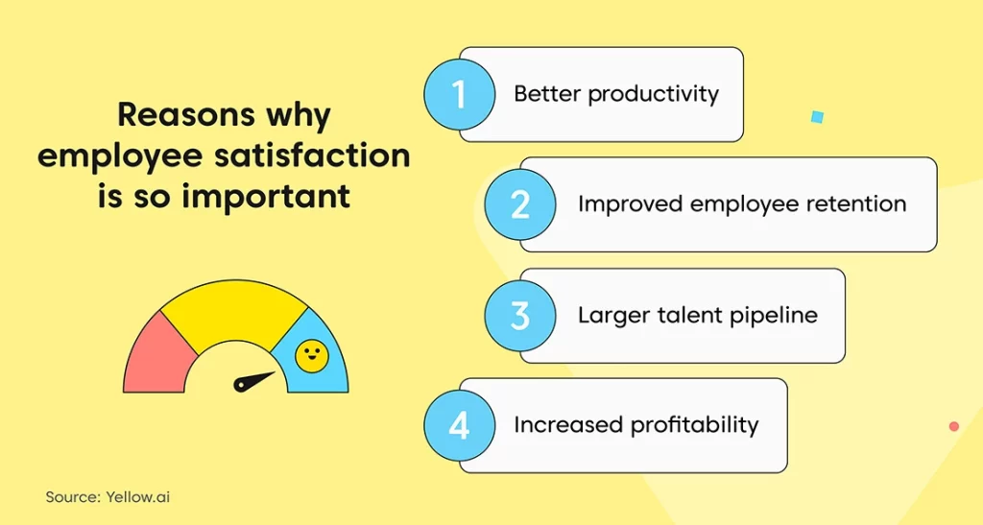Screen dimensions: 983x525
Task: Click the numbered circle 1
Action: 460,95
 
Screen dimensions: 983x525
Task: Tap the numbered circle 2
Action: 520,204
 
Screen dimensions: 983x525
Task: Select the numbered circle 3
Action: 520,315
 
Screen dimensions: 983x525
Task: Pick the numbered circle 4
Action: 460,426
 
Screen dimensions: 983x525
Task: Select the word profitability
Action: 695,425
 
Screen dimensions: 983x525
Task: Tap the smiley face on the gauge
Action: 312,356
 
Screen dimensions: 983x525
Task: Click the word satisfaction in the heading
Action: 312,155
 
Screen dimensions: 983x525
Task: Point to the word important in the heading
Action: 266,196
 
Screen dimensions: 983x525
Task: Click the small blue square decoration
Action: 817,116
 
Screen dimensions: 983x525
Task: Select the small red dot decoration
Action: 954,427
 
